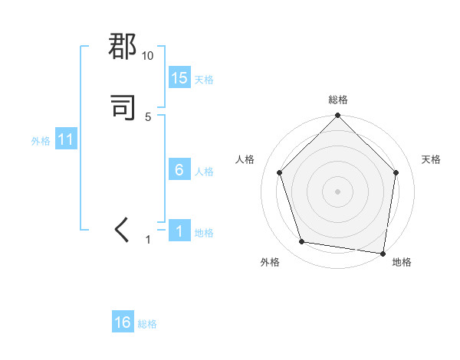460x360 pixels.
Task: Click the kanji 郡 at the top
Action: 123,47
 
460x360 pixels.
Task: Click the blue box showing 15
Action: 179,78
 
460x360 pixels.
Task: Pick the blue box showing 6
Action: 179,170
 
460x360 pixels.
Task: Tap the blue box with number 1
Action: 179,231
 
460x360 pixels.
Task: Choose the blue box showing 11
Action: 66,140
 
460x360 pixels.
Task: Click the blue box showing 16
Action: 123,322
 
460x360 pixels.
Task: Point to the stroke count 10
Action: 148,56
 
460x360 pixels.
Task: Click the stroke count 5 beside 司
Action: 148,117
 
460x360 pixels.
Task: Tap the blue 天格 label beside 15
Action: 204,80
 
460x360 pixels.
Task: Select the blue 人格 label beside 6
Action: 204,172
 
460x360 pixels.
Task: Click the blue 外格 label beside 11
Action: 41,141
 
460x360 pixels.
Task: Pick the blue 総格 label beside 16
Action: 147,324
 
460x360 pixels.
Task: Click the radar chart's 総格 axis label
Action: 338,100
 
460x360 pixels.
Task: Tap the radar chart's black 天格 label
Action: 432,159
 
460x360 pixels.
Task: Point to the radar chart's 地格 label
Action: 402,262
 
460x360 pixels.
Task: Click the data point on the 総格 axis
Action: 337,117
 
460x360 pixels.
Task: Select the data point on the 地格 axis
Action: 383,253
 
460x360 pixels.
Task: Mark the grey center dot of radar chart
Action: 337,191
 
